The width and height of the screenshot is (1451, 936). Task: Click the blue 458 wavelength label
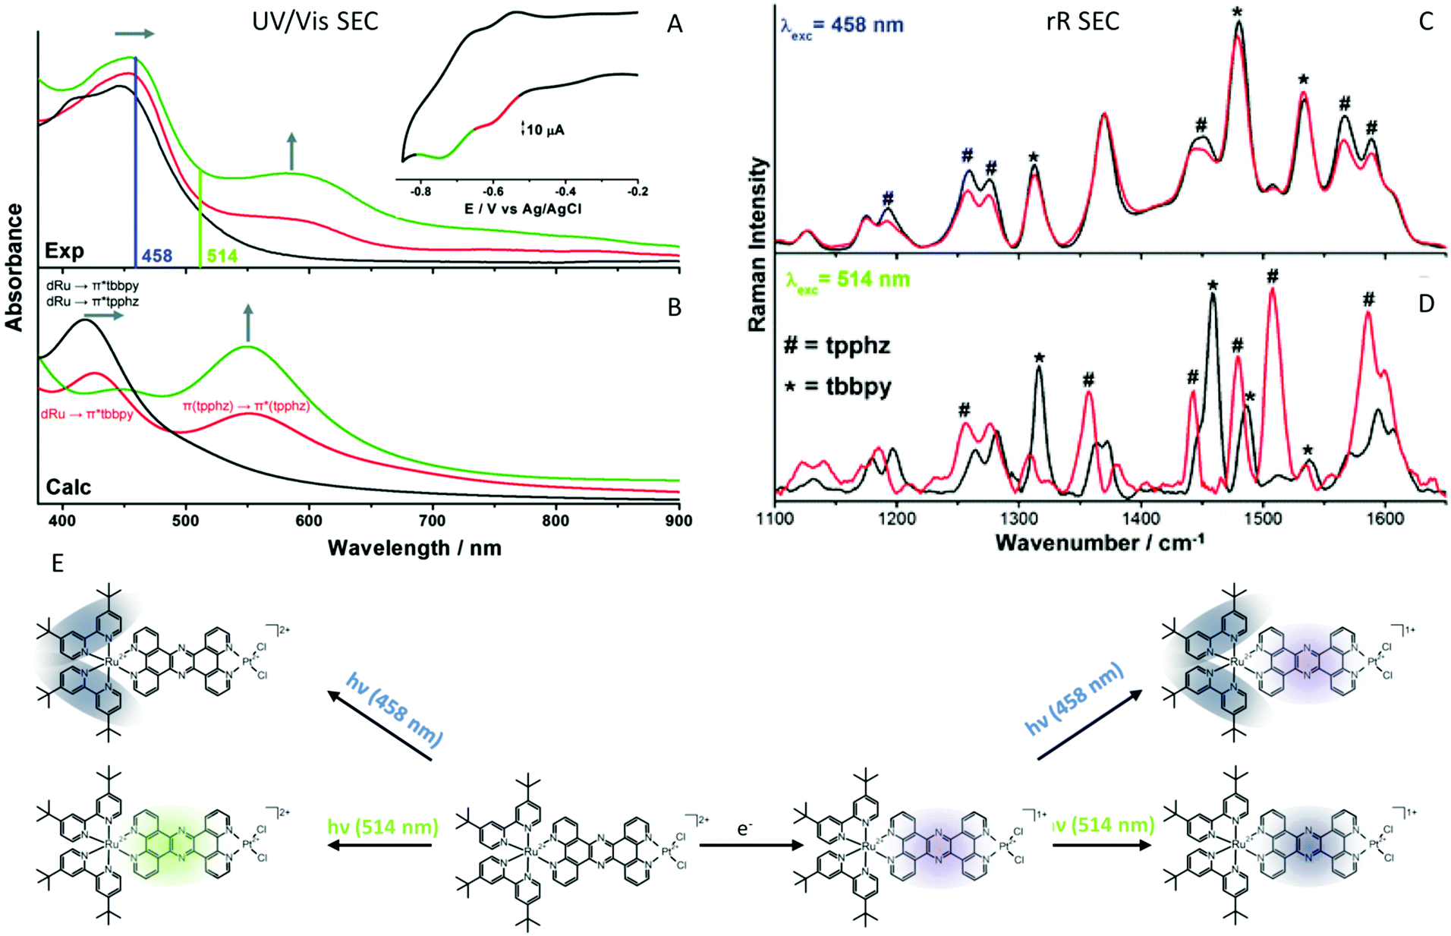[157, 256]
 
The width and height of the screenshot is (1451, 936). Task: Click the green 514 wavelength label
[222, 256]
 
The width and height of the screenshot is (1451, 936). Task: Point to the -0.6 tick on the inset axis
[493, 192]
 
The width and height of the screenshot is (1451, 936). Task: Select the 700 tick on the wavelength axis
[433, 521]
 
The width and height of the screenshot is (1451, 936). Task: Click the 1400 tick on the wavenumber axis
[1141, 519]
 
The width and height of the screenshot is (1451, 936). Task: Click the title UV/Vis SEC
[315, 21]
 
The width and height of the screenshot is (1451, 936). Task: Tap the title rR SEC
[1082, 21]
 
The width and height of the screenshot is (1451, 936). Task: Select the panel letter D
[1426, 304]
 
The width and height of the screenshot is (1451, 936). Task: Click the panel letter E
[58, 563]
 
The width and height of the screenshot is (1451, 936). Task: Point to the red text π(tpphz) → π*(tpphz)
[246, 406]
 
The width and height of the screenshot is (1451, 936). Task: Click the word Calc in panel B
[68, 487]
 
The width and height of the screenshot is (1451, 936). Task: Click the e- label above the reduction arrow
[744, 828]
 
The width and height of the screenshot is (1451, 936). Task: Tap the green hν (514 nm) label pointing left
[382, 826]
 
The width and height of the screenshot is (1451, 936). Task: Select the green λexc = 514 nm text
[848, 279]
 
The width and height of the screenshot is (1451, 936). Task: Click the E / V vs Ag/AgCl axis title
[523, 209]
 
